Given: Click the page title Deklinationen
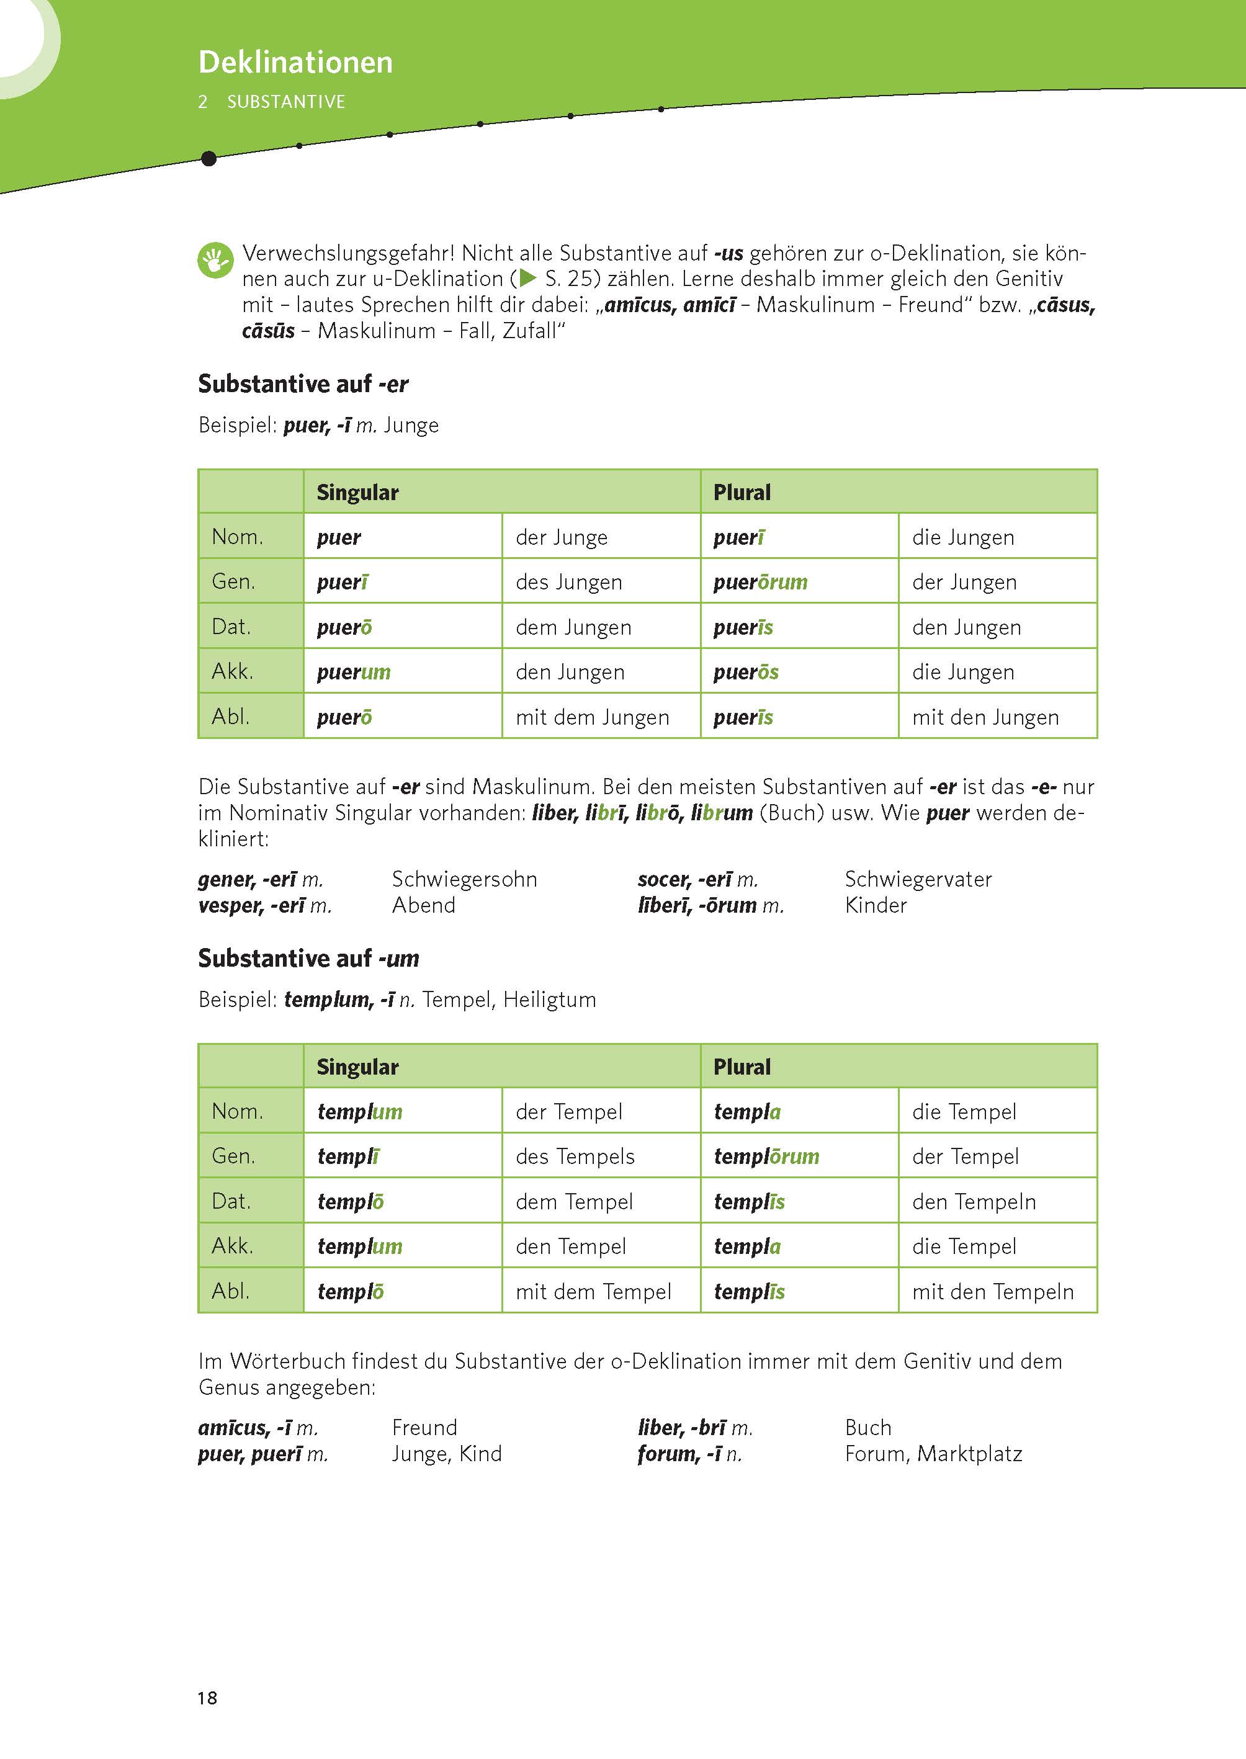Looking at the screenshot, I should (x=295, y=62).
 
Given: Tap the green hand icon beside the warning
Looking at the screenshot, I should (x=215, y=260).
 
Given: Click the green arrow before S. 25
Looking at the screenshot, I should (x=528, y=279).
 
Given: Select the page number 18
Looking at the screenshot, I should (x=207, y=1698).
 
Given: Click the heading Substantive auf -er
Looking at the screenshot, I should (x=303, y=383).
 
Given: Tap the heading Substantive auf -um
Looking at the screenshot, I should (x=308, y=958).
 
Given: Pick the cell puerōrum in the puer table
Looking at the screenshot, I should (x=760, y=582).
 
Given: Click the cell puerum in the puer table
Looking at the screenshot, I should (x=354, y=672).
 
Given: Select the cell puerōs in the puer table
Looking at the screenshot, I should (x=746, y=672).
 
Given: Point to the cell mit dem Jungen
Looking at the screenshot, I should (x=593, y=717).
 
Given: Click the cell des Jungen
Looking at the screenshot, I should (x=568, y=582).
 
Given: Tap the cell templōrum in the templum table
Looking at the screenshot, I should (x=766, y=1156).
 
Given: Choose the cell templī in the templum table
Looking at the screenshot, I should (x=348, y=1156).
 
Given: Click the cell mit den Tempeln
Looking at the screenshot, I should (x=992, y=1292).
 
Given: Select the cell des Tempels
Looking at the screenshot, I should (x=575, y=1156).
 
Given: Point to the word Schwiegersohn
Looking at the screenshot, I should (x=464, y=879).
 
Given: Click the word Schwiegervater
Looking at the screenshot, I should (x=918, y=879).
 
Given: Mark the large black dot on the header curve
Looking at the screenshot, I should (x=208, y=159).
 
